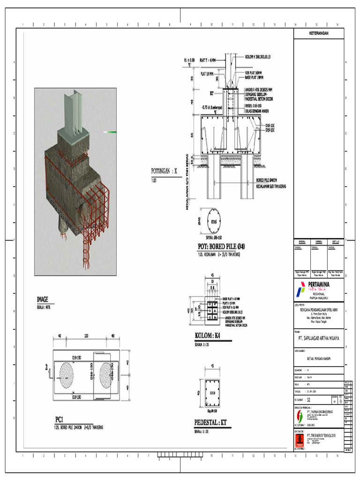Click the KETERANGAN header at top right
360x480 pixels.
319,34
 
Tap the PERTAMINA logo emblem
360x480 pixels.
300,290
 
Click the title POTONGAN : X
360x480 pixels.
165,171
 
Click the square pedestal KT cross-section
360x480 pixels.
212,393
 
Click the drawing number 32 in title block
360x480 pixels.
308,400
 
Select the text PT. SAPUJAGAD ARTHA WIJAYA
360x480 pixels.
319,337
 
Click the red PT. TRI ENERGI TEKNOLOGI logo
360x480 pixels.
299,440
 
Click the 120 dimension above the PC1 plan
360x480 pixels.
86,336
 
